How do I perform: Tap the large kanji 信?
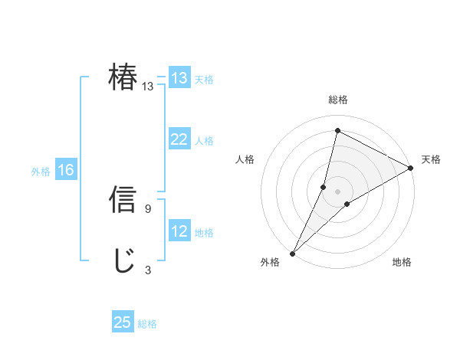tap(123, 199)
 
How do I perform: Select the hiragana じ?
tap(123, 261)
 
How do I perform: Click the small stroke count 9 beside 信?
tap(147, 208)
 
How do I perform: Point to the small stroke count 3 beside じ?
tap(147, 270)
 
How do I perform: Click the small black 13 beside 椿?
tap(147, 87)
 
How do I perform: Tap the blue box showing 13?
tap(179, 78)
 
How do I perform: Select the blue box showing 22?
tap(179, 139)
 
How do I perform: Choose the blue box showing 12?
tap(179, 231)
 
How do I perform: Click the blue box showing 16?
tap(66, 170)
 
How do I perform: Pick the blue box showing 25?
tap(123, 322)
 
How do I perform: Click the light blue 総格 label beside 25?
tap(147, 324)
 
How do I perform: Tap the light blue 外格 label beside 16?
tap(41, 172)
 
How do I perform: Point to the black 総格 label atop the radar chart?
tap(337, 100)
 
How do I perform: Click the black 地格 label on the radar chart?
tap(402, 263)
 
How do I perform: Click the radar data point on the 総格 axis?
tap(337, 131)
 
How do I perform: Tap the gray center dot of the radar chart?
tap(337, 191)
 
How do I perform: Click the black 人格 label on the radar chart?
tap(245, 159)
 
